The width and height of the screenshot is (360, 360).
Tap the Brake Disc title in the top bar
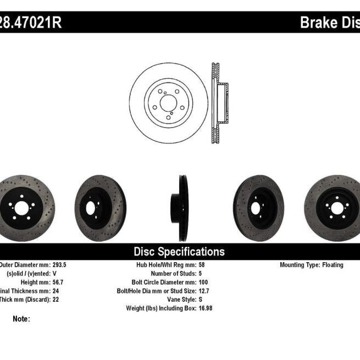[x=329, y=23]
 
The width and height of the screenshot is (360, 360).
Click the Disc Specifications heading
[x=179, y=252]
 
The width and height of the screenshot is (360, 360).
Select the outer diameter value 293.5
[x=60, y=265]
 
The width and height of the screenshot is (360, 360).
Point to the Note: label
[x=21, y=319]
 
